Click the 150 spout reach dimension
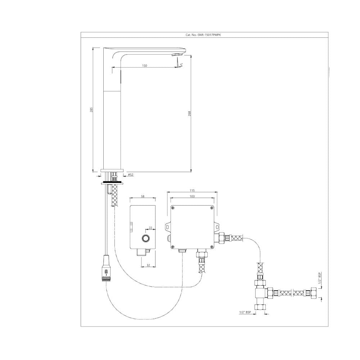pos(144,66)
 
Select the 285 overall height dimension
pos(91,109)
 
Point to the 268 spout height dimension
pos(189,113)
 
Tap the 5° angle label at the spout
pos(181,65)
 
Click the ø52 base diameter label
pos(131,175)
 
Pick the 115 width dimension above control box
pos(192,190)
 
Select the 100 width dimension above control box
pos(192,196)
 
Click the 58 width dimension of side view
pos(143,196)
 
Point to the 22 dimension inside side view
pos(150,228)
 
